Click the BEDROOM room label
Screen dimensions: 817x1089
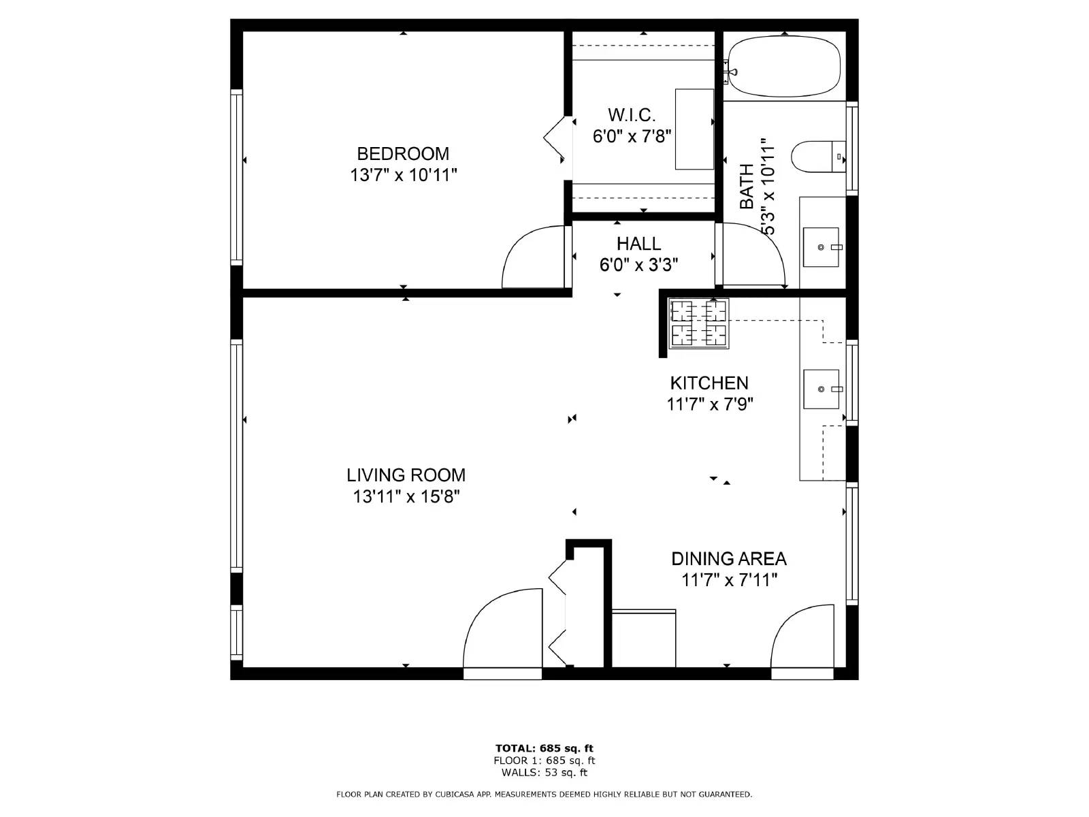[x=403, y=153]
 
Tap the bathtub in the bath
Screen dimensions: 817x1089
[x=783, y=67]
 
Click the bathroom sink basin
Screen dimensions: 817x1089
[x=822, y=247]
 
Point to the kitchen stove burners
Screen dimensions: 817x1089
[x=698, y=323]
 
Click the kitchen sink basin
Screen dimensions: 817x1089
[x=821, y=389]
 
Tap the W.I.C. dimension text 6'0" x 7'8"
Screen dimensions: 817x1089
[x=632, y=136]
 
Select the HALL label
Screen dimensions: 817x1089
[x=638, y=243]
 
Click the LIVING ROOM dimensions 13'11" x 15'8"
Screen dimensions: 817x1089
[x=406, y=496]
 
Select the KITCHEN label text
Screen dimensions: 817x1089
[x=709, y=383]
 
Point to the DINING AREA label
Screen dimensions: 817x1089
[x=729, y=558]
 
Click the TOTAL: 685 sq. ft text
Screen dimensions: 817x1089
[x=544, y=748]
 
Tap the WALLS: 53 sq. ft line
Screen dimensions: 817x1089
[x=544, y=773]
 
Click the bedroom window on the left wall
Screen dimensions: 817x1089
[x=236, y=177]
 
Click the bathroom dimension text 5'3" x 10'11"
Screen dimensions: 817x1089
[x=768, y=187]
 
